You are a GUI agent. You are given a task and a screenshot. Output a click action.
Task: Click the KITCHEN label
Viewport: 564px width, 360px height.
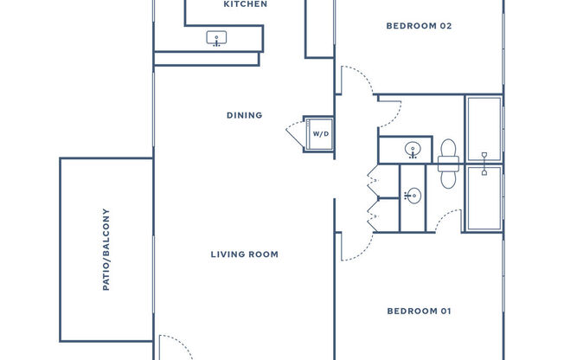tap(245, 4)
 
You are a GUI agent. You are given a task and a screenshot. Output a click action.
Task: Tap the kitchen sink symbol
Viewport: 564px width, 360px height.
tap(216, 38)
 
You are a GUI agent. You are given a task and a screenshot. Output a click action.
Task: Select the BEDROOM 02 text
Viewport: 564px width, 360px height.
tap(419, 26)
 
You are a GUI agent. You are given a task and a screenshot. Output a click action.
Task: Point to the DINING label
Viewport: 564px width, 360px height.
tap(244, 115)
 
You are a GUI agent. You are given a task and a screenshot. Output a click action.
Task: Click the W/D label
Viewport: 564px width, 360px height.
tap(320, 134)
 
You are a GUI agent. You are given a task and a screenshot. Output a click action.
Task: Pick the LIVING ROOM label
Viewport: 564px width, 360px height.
tap(244, 254)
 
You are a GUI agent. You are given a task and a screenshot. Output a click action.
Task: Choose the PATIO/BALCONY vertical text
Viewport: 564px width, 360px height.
tap(106, 249)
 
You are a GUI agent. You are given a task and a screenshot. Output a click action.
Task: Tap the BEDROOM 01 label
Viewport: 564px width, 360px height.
tap(419, 311)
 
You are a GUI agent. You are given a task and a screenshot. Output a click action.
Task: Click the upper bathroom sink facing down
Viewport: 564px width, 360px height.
tap(413, 150)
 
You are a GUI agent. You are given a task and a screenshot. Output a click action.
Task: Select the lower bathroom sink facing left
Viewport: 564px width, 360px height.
tap(413, 196)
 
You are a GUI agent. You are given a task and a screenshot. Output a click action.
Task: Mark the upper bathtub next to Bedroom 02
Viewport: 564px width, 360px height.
tap(484, 127)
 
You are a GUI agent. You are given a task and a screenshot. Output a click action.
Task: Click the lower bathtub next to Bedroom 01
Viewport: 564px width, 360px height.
tap(484, 198)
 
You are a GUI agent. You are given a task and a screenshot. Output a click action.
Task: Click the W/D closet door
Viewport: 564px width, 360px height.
tap(295, 135)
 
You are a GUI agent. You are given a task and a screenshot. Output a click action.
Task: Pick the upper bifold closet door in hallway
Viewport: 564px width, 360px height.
tap(373, 179)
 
